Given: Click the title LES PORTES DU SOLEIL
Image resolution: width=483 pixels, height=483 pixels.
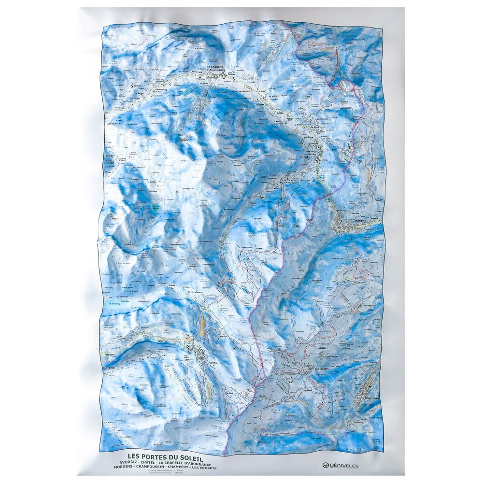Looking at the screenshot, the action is point(165,455).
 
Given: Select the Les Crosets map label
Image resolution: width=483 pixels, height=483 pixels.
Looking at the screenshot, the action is point(321,369).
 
